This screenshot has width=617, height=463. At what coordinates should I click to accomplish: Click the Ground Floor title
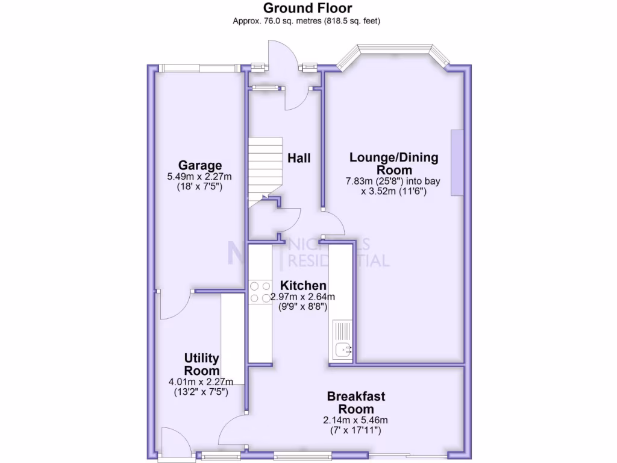click(x=307, y=8)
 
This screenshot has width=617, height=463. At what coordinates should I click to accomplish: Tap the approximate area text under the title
click(x=307, y=21)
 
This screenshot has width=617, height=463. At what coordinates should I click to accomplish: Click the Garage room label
click(x=200, y=165)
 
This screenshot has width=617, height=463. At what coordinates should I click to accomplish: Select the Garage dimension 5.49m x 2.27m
click(x=199, y=177)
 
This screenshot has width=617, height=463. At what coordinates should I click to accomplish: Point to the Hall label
click(x=299, y=159)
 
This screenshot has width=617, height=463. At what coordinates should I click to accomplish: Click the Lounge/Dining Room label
click(x=394, y=164)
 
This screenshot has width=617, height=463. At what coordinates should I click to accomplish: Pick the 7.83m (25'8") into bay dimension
click(x=393, y=181)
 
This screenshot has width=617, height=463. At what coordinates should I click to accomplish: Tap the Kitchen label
click(x=303, y=285)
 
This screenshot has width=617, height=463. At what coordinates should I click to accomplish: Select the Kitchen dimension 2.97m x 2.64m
click(x=302, y=297)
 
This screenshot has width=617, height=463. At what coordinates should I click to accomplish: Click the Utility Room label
click(x=201, y=364)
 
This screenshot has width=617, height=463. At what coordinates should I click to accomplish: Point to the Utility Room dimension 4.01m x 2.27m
click(x=201, y=382)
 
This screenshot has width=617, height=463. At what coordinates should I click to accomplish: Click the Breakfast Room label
click(x=356, y=402)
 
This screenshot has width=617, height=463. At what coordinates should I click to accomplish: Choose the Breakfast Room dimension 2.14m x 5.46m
click(x=355, y=420)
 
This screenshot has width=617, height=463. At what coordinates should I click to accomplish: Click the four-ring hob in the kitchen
click(x=260, y=292)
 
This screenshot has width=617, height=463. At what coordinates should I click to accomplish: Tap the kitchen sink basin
click(x=343, y=349)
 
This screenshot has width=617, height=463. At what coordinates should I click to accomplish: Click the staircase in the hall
click(x=265, y=172)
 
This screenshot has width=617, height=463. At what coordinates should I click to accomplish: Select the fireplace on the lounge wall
click(x=457, y=163)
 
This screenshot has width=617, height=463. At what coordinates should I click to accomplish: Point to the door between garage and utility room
click(x=175, y=305)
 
